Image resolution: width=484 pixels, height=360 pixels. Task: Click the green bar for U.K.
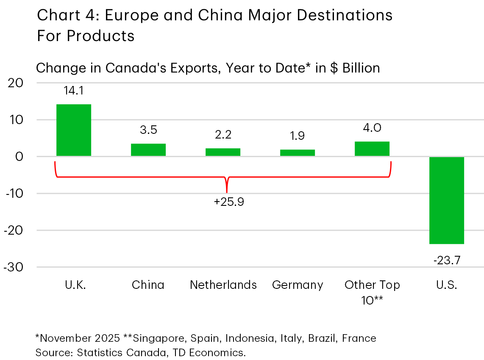73,130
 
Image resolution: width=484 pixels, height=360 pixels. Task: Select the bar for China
148,150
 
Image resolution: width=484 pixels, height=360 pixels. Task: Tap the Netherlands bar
223,152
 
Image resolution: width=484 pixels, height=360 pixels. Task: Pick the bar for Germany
297,153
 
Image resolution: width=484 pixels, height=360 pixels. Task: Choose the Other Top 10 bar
372,149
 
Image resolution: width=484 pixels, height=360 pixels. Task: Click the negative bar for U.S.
446,200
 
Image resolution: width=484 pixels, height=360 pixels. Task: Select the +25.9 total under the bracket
229,202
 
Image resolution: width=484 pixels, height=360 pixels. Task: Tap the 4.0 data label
372,127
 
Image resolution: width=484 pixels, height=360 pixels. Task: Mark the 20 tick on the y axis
16,83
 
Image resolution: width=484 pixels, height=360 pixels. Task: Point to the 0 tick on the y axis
19,157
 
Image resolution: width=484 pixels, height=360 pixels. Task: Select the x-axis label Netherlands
223,285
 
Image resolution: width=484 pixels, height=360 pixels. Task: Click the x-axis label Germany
298,285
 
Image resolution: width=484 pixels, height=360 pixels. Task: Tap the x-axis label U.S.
446,285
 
